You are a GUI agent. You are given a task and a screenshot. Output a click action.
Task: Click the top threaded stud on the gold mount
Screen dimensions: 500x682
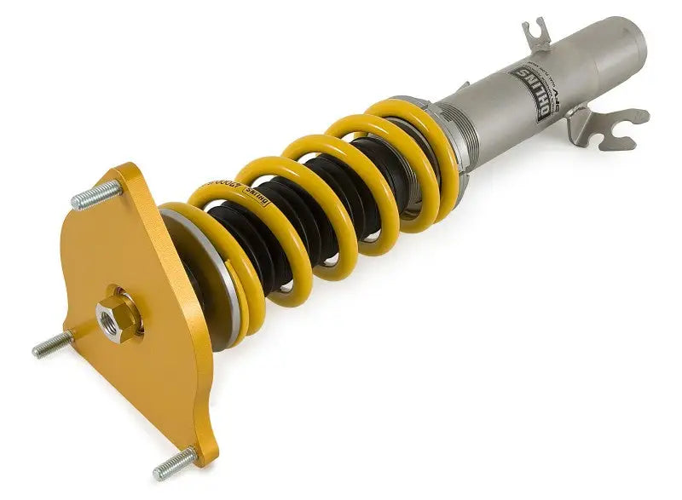(93, 198)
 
